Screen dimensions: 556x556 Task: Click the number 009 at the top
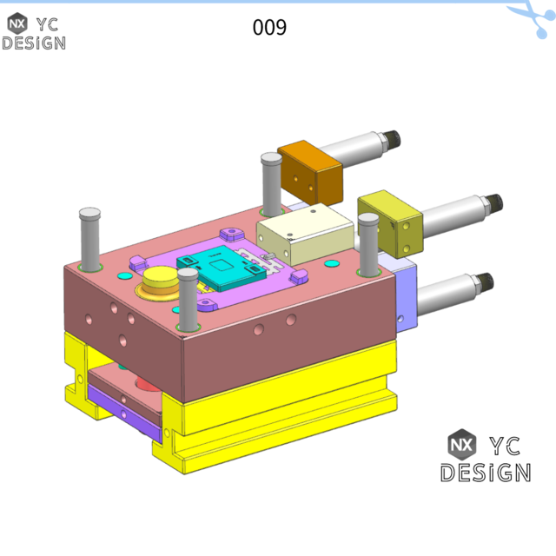pos(269,28)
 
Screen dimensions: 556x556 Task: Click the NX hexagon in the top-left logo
pos(17,23)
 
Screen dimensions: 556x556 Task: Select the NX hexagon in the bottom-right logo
pos(462,444)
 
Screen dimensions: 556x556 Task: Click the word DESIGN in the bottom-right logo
pos(485,473)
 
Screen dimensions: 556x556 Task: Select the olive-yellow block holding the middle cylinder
pos(389,223)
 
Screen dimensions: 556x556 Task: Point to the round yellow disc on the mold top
pos(160,281)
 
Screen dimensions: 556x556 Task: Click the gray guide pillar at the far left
pos(89,238)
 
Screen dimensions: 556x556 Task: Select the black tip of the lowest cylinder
pos(484,281)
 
